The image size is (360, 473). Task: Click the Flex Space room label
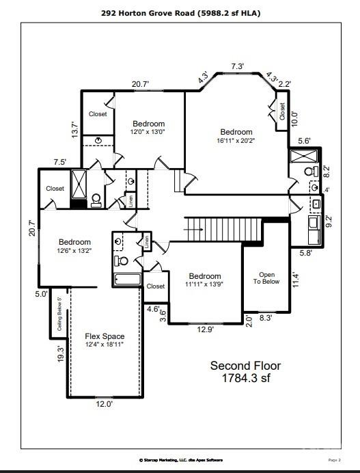point(105,336)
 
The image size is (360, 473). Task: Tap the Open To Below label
point(266,277)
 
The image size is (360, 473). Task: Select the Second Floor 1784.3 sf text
point(245,371)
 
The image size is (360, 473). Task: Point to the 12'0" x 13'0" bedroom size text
point(148,131)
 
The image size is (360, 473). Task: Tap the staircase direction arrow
point(193,230)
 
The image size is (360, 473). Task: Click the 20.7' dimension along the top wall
point(141,84)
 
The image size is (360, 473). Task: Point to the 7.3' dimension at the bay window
point(237,66)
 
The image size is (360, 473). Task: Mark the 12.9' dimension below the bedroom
point(206,329)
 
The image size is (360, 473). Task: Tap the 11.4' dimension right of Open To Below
point(296,280)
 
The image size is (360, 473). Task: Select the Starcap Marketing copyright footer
point(180,460)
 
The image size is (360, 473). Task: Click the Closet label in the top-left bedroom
point(98,114)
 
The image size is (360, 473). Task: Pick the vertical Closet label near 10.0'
point(281,111)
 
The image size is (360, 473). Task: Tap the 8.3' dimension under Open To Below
point(266,318)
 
